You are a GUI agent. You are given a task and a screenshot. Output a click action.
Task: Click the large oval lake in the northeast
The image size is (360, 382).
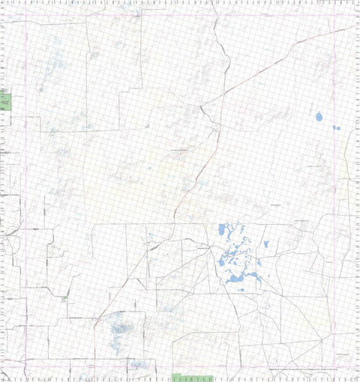point(319,117)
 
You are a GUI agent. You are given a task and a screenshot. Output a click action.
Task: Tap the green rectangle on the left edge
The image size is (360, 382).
point(7,99)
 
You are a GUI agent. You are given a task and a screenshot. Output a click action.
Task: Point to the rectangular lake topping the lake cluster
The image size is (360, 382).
point(223,229)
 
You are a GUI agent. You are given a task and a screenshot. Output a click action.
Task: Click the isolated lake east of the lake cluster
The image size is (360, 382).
point(267,244)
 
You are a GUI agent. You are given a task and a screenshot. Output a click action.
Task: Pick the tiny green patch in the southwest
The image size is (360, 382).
point(65,297)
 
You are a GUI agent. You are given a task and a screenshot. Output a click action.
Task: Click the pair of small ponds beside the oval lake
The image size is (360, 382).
point(336,127)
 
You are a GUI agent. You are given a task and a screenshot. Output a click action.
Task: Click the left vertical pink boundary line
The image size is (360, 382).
point(28,187)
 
